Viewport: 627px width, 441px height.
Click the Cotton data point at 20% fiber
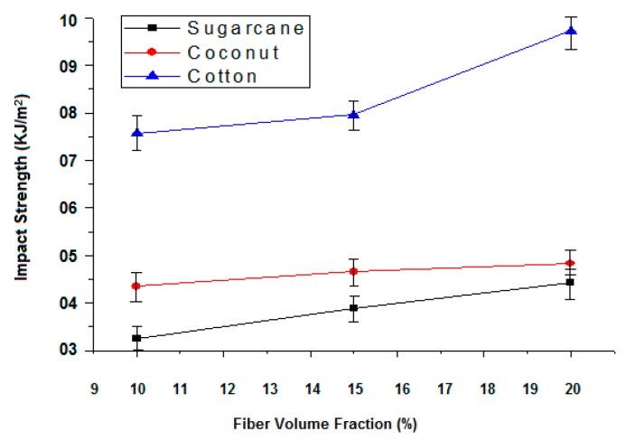[570, 32]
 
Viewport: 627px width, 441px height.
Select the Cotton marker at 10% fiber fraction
[136, 133]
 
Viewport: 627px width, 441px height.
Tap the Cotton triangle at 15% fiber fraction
[353, 115]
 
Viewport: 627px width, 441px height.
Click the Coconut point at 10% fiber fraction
[136, 286]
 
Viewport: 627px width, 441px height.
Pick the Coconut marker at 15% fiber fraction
[353, 271]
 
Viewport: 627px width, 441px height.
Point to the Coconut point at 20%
[570, 263]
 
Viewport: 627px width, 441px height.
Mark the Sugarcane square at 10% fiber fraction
[136, 338]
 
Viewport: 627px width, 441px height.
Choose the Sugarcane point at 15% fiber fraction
[353, 308]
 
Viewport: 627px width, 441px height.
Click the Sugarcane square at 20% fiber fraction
[570, 282]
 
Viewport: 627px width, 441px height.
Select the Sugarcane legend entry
[245, 28]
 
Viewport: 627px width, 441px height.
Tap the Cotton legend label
[222, 76]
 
